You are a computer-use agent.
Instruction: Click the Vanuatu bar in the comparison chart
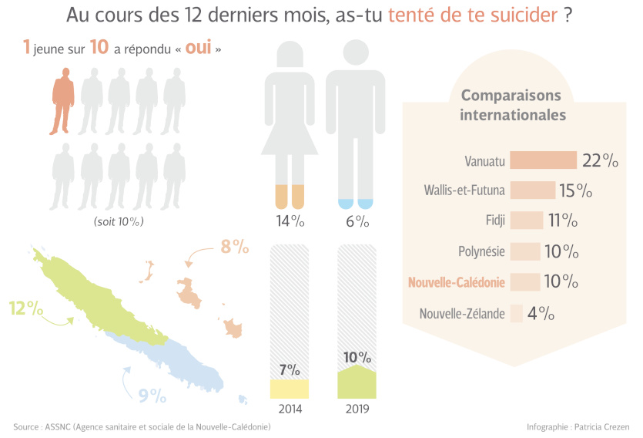[543, 160]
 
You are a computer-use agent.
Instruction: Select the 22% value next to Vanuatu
[601, 160]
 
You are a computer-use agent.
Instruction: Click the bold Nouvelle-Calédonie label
[457, 282]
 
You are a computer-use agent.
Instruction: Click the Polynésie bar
[525, 251]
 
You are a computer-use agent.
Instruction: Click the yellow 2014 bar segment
[289, 389]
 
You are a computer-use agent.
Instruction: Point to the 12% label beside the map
[25, 308]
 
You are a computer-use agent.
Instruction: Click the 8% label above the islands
[235, 247]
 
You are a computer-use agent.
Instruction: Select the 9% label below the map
[152, 396]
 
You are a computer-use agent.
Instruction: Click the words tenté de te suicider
[473, 15]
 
